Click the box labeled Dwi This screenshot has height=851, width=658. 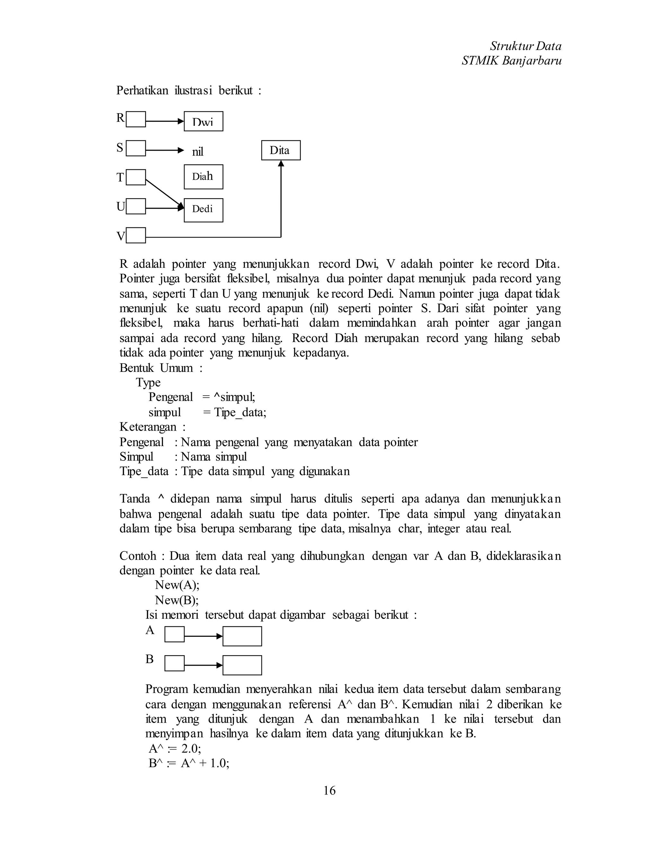tap(203, 121)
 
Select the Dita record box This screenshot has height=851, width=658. tap(281, 150)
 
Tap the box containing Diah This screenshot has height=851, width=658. tap(203, 177)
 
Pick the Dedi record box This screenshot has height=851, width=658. tap(203, 210)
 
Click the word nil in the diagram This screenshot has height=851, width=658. tap(198, 152)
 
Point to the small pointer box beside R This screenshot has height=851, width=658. tap(136, 119)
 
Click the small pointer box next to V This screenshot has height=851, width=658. tap(136, 235)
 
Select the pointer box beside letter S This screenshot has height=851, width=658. tap(136, 148)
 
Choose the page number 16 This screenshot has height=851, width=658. tap(329, 790)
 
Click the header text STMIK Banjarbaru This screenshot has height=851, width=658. tap(511, 61)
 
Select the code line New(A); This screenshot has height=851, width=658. tap(177, 585)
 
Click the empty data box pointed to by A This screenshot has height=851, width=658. tap(242, 636)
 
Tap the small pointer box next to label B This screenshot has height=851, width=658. tap(174, 663)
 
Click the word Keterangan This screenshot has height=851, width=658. tap(148, 427)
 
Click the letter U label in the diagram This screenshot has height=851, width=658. tap(120, 206)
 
